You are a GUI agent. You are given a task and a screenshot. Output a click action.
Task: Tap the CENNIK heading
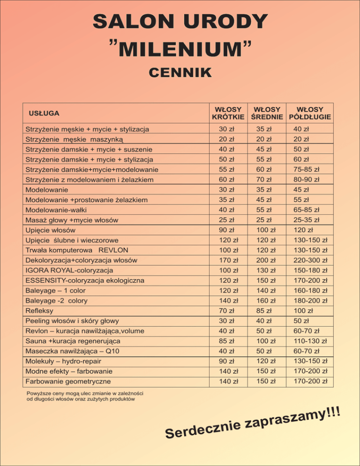[x=180, y=73]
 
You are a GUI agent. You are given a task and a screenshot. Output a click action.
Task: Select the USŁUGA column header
[x=44, y=113]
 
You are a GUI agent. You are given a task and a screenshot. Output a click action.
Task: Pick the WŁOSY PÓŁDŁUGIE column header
[x=310, y=113]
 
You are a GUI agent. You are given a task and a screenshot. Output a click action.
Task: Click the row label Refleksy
[x=39, y=310]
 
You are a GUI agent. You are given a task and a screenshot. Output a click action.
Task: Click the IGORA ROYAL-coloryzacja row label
[x=69, y=271]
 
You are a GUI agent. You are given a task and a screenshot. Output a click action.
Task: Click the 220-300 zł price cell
[x=310, y=260]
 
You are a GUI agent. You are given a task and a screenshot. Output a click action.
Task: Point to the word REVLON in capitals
[x=113, y=250]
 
